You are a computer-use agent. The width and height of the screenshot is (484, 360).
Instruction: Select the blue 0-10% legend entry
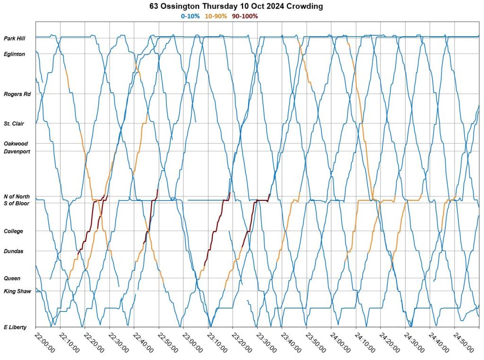[190, 16]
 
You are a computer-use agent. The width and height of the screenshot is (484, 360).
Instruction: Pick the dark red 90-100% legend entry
[245, 16]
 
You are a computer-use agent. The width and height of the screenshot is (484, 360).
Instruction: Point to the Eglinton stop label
[14, 54]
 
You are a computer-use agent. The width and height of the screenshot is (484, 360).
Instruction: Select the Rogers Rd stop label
[17, 94]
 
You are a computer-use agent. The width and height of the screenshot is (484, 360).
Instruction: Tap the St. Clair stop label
[14, 124]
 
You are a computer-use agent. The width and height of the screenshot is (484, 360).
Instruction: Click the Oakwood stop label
[16, 143]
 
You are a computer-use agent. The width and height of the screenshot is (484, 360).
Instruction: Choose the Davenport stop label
[17, 152]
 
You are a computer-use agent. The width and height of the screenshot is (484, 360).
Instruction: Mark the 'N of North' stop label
[17, 197]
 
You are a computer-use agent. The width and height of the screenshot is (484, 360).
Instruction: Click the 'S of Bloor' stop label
[17, 203]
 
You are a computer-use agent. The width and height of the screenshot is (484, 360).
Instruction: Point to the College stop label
[13, 231]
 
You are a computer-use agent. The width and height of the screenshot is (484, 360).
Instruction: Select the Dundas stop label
[13, 251]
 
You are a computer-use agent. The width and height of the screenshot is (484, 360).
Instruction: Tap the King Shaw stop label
[17, 291]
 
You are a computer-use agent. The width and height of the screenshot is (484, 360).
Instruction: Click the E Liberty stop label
[15, 327]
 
